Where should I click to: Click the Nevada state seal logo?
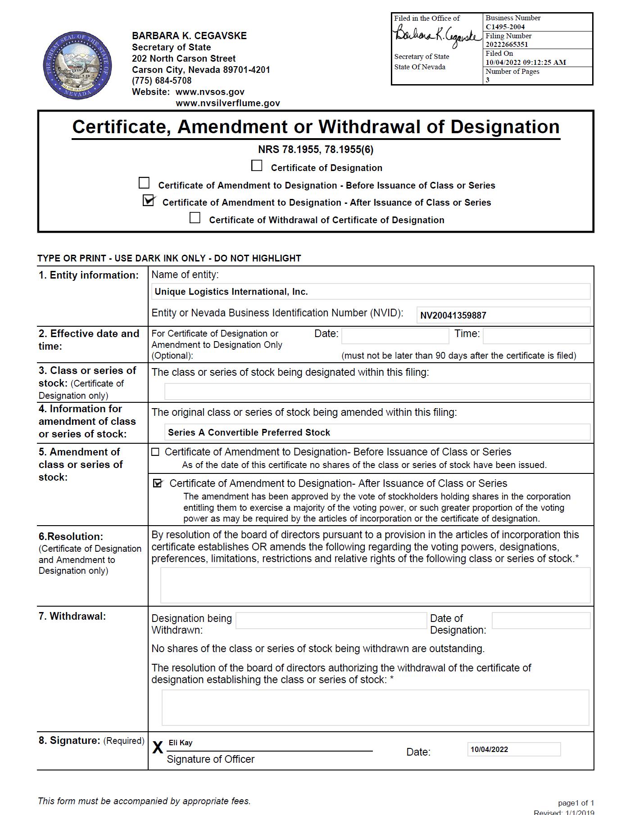77,66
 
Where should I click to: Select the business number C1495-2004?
505,27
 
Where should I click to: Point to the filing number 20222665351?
507,44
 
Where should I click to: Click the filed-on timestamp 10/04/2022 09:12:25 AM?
526,62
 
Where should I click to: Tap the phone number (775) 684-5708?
162,81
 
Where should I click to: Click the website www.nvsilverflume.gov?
227,103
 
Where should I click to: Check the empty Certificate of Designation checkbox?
257,166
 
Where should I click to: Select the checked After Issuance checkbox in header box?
148,201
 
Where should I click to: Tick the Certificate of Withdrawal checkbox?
195,218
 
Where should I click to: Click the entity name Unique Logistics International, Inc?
231,292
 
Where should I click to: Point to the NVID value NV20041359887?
453,315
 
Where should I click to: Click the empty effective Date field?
395,336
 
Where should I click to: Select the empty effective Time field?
536,336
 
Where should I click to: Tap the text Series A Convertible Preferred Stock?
249,432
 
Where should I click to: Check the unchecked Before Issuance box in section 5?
155,452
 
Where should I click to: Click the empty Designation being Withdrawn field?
331,621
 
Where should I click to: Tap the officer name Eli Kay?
181,743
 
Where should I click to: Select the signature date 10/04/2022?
489,749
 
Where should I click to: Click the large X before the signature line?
158,748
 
